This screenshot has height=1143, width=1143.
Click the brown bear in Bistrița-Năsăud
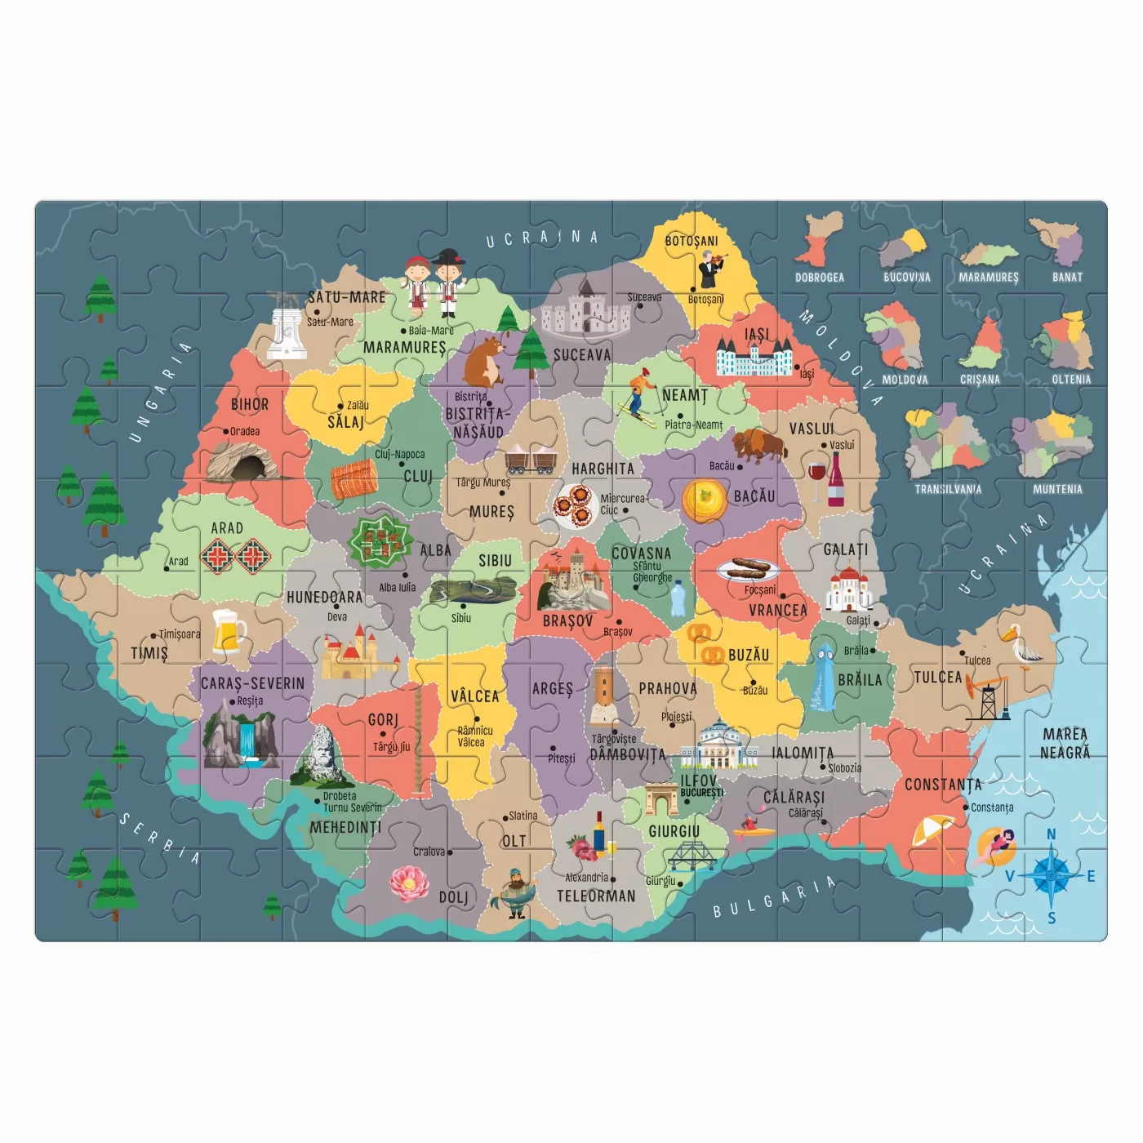pyautogui.click(x=483, y=363)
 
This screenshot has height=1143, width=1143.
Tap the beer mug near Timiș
pyautogui.click(x=229, y=631)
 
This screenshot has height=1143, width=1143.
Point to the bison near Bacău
pyautogui.click(x=759, y=446)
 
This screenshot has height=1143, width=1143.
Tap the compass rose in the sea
pyautogui.click(x=1051, y=875)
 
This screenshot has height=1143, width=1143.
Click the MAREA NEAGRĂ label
pyautogui.click(x=1065, y=743)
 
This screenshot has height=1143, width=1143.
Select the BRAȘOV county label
pyautogui.click(x=568, y=621)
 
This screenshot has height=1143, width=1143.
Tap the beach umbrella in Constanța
pyautogui.click(x=933, y=834)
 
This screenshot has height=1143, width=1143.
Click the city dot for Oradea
pyautogui.click(x=227, y=432)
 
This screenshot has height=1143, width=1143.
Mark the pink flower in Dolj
pyautogui.click(x=409, y=882)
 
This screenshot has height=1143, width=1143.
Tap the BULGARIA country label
pyautogui.click(x=774, y=896)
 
